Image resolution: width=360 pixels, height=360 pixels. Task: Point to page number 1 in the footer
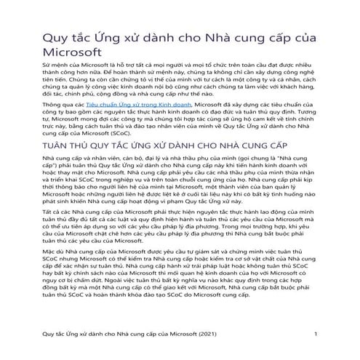click(316, 334)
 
